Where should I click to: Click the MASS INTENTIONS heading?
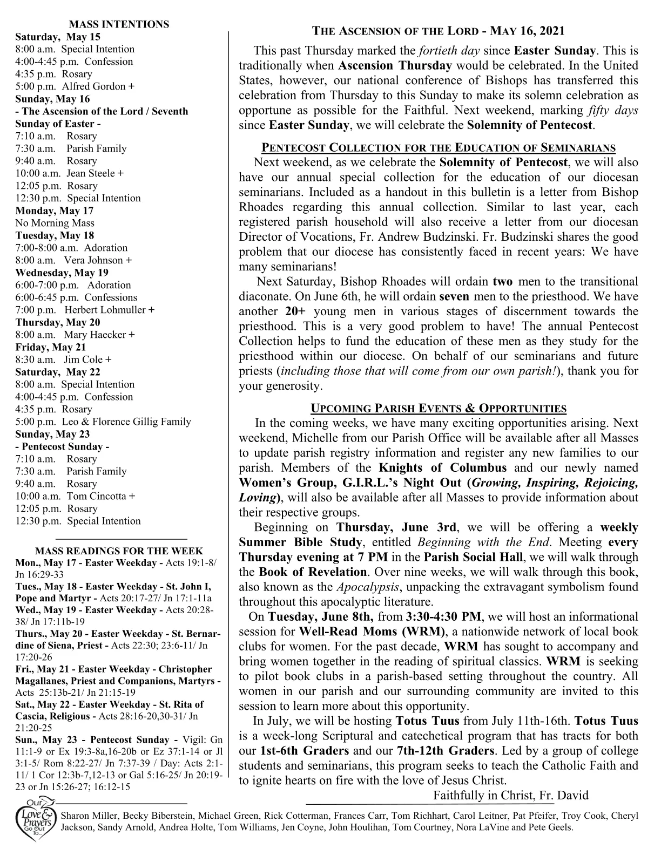[119, 24]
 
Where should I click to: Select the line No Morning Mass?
[55, 223]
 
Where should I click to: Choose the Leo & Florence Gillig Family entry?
[126, 422]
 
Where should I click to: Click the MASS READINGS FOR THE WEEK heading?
[119, 551]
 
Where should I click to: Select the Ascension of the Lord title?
[439, 31]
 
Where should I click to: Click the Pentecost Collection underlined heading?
[439, 148]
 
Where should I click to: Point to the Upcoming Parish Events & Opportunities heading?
[439, 408]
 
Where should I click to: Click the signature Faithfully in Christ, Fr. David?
[510, 795]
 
